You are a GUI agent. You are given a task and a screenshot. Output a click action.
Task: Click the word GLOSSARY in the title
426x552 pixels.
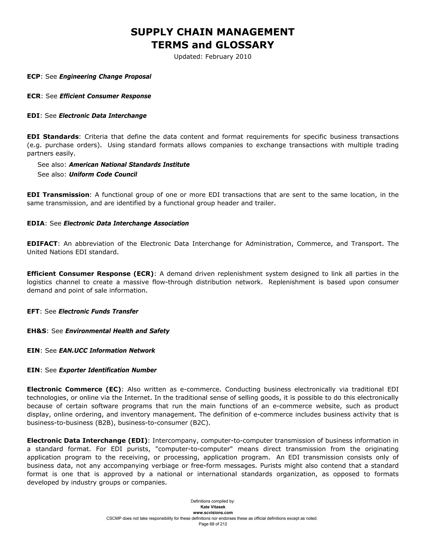pos(245,45)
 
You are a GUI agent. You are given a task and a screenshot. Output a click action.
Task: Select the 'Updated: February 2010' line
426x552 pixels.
pos(213,57)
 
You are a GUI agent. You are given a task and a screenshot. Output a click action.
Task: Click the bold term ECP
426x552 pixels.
pos(33,77)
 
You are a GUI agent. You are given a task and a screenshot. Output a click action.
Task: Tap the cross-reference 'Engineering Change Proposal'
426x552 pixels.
pos(105,77)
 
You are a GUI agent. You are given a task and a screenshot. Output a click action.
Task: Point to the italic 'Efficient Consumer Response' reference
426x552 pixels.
pos(105,96)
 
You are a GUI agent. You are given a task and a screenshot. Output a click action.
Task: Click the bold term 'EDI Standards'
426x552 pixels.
pos(53,137)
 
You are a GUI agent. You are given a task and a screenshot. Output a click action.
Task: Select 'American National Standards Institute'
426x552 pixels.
pos(129,165)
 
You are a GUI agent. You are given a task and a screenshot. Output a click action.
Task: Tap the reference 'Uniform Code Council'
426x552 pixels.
pos(103,175)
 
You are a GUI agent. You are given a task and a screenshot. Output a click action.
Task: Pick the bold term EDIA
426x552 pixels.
pos(36,224)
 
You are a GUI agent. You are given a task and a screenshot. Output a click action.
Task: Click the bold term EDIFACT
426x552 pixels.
pos(42,244)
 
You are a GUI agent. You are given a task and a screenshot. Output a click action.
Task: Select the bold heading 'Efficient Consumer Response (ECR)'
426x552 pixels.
pos(90,274)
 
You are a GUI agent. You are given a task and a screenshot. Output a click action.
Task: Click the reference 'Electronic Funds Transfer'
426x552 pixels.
pos(98,311)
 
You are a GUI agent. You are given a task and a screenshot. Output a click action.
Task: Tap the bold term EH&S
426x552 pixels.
pos(37,331)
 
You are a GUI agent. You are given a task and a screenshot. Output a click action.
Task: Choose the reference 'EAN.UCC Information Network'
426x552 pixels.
pos(107,351)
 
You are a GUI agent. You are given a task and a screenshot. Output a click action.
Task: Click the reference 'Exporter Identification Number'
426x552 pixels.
pos(108,370)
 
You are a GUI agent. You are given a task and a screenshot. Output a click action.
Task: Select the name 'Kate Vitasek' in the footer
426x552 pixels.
pos(213,507)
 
